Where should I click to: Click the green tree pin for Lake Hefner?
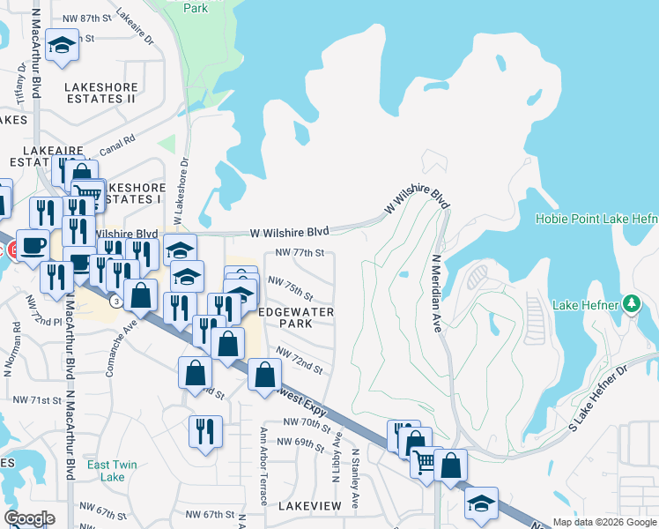point(631,305)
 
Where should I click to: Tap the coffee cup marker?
point(33,245)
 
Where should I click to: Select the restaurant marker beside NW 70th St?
point(205,431)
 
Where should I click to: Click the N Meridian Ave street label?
point(435,294)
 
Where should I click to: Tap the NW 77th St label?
point(300,252)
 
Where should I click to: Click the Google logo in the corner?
point(29,518)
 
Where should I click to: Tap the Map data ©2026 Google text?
point(604,522)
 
